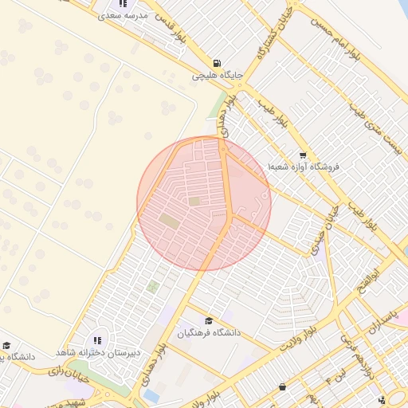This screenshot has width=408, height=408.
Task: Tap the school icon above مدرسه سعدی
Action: (122, 3)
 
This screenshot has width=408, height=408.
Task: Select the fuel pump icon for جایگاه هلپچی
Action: (217, 64)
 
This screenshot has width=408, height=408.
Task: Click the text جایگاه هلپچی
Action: (218, 76)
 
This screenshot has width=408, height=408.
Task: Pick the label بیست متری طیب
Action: (382, 128)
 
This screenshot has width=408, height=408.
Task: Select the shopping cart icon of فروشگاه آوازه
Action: (302, 155)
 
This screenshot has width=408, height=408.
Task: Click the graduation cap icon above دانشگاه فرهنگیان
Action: (210, 320)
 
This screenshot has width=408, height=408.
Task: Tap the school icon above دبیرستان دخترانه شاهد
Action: (98, 340)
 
